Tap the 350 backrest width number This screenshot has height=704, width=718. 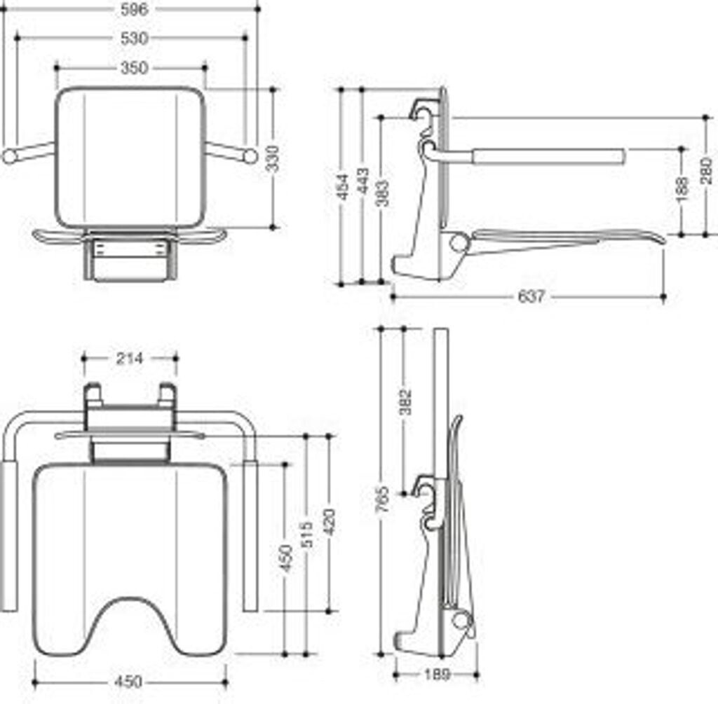point(134,68)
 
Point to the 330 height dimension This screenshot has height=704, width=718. point(272,159)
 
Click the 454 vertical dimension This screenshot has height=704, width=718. point(344,186)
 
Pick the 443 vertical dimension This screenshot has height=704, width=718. point(363,184)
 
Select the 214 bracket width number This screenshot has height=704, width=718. point(129,359)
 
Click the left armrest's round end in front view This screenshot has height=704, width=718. point(9,156)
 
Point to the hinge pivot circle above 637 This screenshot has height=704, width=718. point(459,243)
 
